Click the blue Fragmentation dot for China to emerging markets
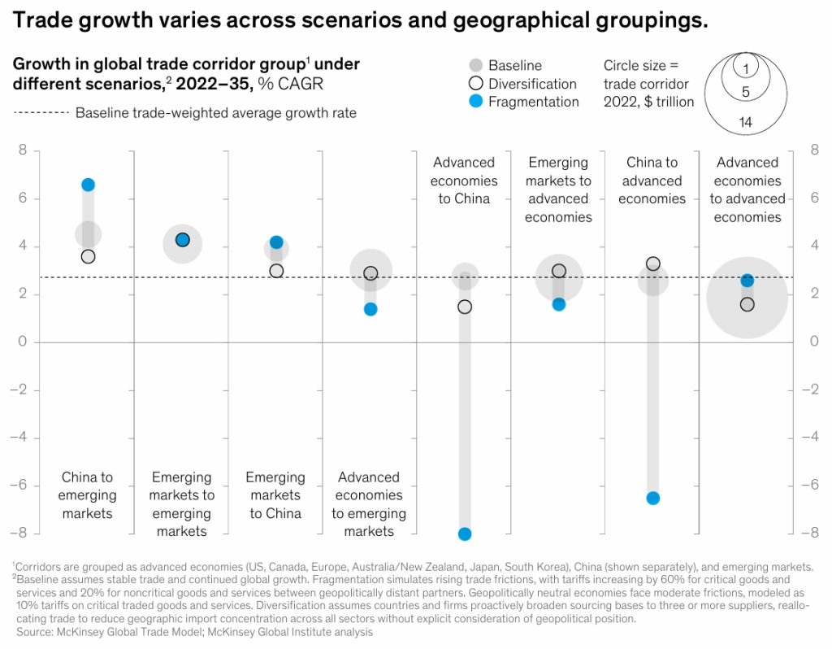coord(88,185)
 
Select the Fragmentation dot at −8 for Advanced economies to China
coord(465,534)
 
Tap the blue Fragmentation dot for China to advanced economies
coord(652,498)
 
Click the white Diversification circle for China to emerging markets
coord(88,256)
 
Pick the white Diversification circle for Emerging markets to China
coord(276,271)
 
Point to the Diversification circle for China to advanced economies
coord(652,264)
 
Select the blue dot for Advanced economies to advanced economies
coord(747,281)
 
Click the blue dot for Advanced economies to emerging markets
coord(370,309)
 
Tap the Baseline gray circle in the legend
coord(476,65)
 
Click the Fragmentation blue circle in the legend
coord(476,102)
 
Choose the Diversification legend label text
coord(532,84)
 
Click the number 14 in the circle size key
coord(746,122)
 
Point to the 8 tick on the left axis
coord(23,150)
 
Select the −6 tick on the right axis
coord(809,486)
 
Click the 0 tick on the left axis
coord(23,342)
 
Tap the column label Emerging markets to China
coord(275,495)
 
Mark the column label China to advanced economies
coord(652,181)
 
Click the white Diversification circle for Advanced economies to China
coord(465,307)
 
